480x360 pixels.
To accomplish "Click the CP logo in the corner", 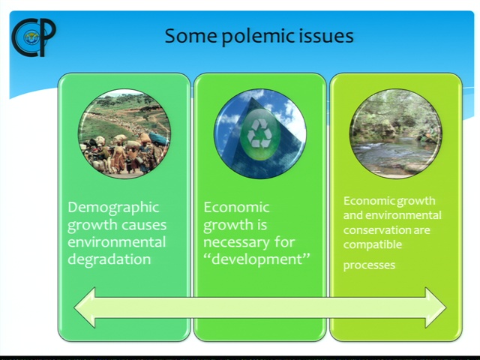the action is click(34, 37).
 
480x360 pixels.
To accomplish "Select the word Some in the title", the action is click(190, 36).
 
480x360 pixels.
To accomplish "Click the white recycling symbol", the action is click(259, 133).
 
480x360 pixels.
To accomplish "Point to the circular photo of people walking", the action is click(124, 133).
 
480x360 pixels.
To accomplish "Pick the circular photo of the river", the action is click(395, 133).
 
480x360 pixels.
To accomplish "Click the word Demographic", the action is click(113, 208).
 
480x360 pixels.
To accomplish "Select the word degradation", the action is click(109, 259).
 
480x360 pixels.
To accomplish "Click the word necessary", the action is click(235, 242).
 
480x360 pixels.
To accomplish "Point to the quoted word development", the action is click(256, 259).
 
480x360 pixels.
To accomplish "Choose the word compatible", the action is click(373, 245).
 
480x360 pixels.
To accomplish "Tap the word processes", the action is click(369, 265).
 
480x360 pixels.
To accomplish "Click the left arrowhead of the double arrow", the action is click(85, 307).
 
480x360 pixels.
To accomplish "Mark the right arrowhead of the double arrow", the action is click(436, 307).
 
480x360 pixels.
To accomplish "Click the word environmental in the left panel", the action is click(117, 241).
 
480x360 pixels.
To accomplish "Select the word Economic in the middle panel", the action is click(236, 208).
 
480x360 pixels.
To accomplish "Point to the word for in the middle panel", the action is click(285, 241).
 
